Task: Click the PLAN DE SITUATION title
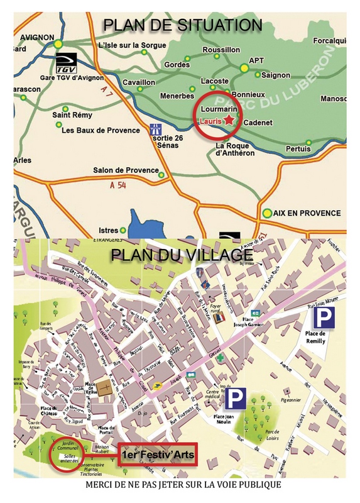click(x=182, y=25)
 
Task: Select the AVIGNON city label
click(x=38, y=37)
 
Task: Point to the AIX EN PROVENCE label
click(x=307, y=213)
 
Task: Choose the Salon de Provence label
click(x=126, y=170)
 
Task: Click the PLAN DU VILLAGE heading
click(x=182, y=255)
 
